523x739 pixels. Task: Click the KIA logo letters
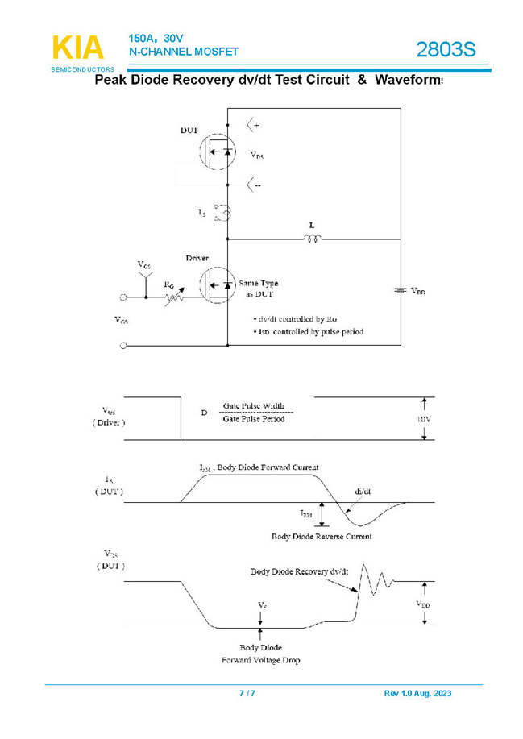point(78,49)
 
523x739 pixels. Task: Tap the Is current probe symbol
point(226,213)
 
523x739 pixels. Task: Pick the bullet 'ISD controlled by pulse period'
point(308,331)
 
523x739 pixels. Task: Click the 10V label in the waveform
point(423,420)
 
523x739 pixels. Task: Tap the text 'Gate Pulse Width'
point(254,407)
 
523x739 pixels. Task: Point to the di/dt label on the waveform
point(363,491)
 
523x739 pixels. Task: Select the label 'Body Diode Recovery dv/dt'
point(300,571)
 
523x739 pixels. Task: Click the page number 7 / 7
point(248,694)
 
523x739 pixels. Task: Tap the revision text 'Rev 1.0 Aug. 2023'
point(417,694)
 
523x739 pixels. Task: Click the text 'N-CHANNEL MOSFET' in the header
point(183,52)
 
